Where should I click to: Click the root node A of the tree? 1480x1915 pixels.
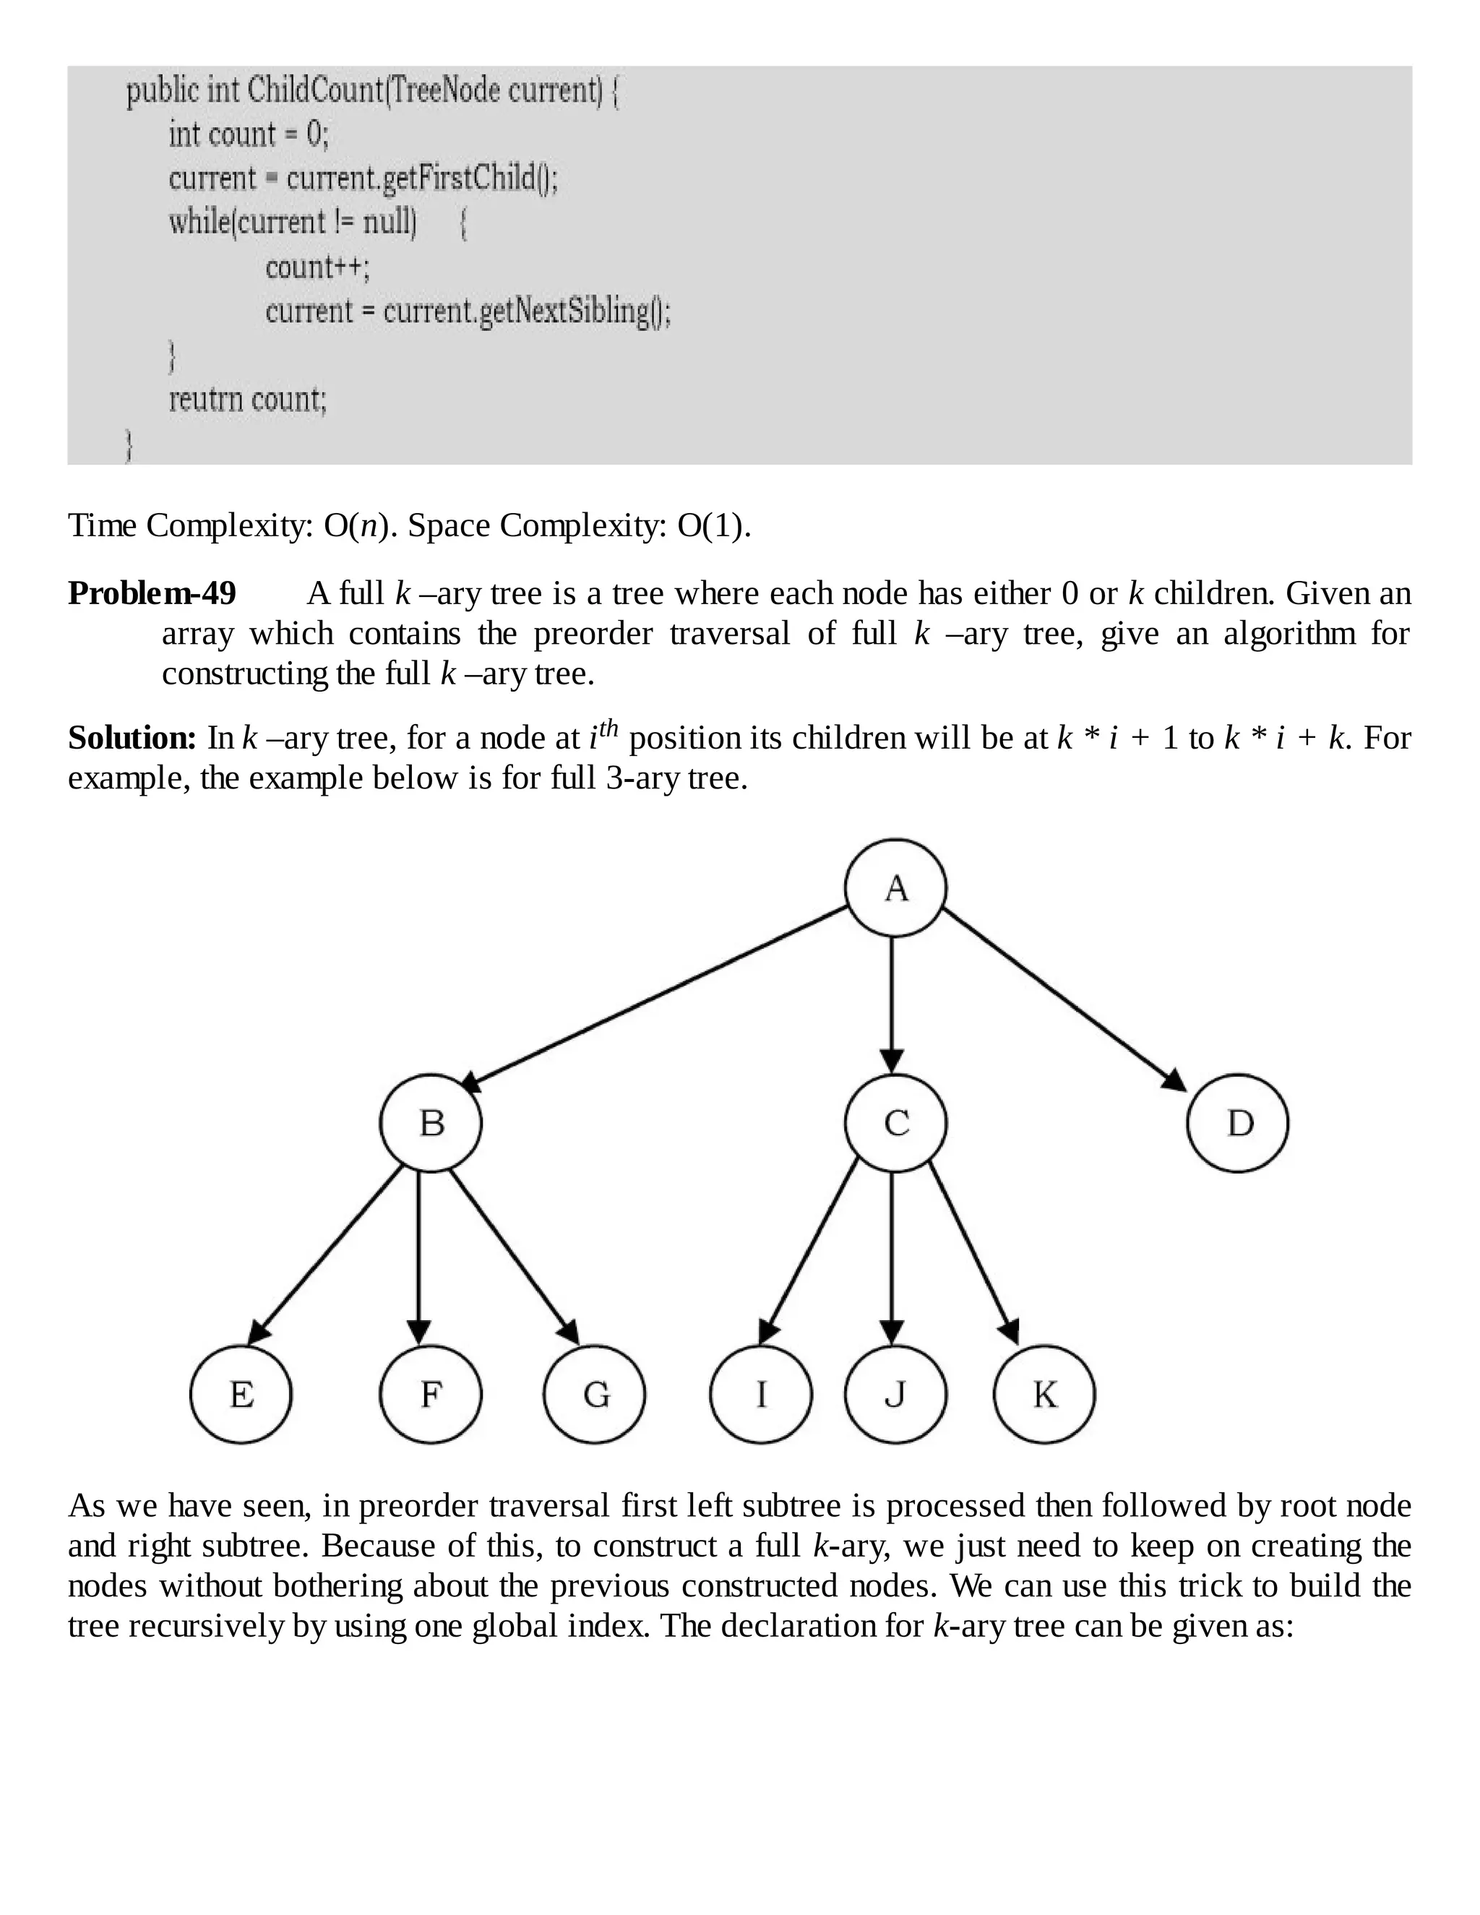(895, 888)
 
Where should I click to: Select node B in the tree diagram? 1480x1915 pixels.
(431, 1123)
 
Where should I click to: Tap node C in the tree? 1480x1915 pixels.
(895, 1123)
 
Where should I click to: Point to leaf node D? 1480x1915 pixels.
(1237, 1123)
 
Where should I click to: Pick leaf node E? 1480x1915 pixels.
(241, 1394)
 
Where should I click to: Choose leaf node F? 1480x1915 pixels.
(431, 1394)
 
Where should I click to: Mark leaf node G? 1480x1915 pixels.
(595, 1394)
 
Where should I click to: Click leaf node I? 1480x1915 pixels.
(760, 1394)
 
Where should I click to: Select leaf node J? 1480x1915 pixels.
(895, 1394)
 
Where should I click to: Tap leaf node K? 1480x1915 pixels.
(1044, 1394)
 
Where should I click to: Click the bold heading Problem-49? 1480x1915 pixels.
(152, 593)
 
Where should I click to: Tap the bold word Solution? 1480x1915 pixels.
(132, 739)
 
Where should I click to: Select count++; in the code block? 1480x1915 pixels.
(317, 267)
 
